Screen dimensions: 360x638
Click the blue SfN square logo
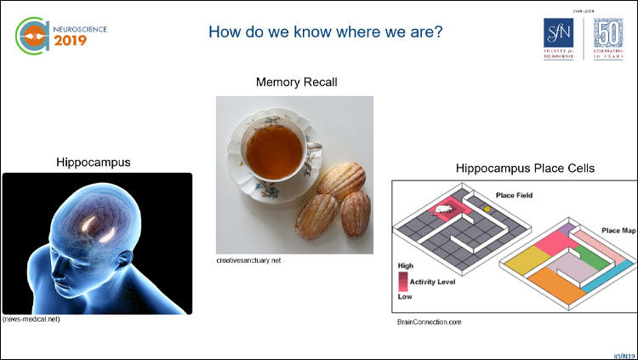561,38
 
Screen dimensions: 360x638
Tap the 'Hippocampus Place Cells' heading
501,168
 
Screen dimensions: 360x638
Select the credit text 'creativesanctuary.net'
248,260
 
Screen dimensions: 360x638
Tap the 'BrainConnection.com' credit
429,322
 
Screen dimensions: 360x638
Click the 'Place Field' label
515,195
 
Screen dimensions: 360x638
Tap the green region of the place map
586,255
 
